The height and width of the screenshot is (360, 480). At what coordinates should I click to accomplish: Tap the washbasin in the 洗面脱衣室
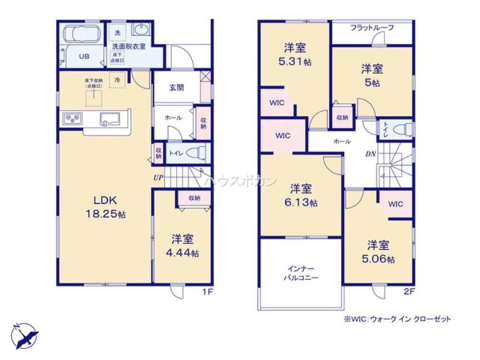[141, 30]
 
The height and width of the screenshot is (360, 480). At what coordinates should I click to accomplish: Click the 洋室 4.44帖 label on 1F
[183, 245]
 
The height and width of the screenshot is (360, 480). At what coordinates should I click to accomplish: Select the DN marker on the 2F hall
[371, 154]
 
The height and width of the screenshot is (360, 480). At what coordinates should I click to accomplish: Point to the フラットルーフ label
[372, 28]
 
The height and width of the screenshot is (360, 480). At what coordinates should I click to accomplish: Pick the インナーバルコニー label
[301, 273]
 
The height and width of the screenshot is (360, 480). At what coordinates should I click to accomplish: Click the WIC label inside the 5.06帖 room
[396, 204]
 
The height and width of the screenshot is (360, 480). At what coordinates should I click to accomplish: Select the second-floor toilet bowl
[403, 129]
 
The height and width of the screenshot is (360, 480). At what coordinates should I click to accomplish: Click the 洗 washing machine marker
[118, 33]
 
